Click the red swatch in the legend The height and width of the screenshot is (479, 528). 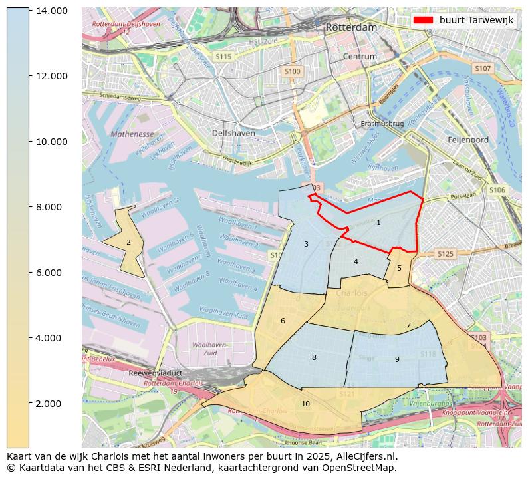423,21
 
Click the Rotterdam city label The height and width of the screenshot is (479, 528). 351,28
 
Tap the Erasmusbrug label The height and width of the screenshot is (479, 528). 382,124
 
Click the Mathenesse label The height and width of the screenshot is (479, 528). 132,134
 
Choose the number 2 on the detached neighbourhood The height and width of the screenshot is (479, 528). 128,242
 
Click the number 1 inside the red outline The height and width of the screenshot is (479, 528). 378,222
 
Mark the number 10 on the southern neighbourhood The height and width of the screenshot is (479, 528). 305,404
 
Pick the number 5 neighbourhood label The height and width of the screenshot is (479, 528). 399,268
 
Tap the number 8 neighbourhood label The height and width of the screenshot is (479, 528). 314,357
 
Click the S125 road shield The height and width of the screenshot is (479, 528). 444,254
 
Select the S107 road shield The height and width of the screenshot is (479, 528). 482,69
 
